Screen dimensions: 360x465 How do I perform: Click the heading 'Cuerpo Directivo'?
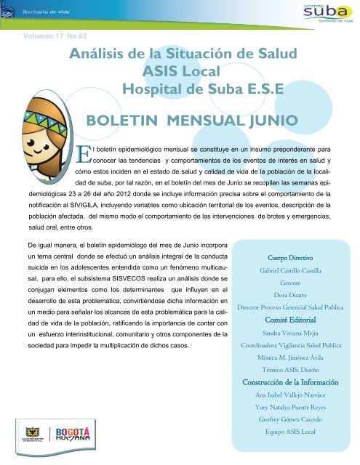pos(291,256)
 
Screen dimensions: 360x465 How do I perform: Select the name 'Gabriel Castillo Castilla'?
pos(291,270)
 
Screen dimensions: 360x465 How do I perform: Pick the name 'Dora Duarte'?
pos(291,296)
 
